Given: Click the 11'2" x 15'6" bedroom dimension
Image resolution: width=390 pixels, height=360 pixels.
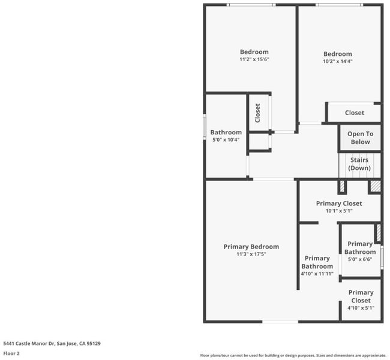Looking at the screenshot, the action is [254, 59].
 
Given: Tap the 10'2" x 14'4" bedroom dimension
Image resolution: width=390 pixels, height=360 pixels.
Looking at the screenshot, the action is [338, 61].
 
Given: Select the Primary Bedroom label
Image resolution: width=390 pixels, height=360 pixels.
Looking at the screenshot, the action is [251, 247].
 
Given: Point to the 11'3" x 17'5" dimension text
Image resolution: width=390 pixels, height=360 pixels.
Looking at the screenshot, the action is [251, 254].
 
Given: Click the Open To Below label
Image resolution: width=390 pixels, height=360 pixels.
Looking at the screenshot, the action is [361, 138].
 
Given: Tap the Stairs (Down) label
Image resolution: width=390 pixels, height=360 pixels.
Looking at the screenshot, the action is [359, 164].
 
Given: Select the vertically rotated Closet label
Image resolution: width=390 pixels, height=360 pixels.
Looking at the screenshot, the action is [257, 113].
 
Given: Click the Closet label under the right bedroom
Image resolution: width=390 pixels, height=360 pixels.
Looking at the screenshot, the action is [355, 113].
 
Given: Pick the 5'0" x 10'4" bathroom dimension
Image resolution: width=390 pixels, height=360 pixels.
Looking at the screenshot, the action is [226, 140].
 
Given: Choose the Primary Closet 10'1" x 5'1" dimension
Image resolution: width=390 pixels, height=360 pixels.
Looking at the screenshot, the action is [339, 211].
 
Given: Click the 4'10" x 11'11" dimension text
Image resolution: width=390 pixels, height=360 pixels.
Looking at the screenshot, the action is [317, 274].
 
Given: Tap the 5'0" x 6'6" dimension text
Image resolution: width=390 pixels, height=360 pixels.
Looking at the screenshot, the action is [360, 259].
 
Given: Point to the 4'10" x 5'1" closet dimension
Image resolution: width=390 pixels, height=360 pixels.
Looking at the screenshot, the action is [361, 308].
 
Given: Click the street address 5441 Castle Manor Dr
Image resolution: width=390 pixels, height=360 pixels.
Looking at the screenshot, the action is [29, 344].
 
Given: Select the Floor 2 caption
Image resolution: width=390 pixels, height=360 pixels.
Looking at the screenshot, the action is [11, 353].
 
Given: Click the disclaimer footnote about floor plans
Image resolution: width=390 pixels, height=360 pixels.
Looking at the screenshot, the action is [293, 356].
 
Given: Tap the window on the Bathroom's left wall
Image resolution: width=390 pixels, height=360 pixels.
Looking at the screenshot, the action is [205, 127].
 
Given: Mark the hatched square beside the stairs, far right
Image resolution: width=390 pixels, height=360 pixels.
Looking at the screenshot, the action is [376, 186].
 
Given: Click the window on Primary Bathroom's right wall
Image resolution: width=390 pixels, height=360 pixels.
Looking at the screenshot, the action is [382, 257].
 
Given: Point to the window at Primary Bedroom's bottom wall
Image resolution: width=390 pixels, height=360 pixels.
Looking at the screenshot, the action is [280, 322].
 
